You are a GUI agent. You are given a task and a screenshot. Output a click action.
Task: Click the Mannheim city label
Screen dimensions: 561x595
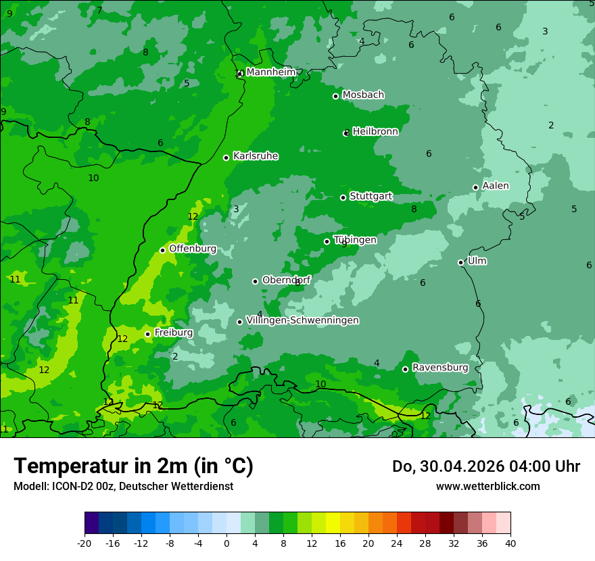(x=270, y=72)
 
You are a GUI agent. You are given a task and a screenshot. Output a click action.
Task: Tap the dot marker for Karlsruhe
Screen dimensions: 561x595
(x=226, y=157)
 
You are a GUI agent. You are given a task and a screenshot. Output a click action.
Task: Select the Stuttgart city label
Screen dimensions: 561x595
(x=371, y=196)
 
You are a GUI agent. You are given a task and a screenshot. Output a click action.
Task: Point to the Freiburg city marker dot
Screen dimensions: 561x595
(x=147, y=334)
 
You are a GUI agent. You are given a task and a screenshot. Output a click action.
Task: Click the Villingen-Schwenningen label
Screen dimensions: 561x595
(x=302, y=320)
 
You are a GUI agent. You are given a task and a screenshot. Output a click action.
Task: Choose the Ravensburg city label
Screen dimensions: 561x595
(x=439, y=368)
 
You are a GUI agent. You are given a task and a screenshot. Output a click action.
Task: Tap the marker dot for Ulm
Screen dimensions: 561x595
(x=460, y=262)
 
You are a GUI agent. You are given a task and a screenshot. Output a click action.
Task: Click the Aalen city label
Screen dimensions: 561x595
(x=495, y=186)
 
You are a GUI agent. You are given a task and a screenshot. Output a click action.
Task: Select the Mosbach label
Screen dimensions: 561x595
(x=363, y=95)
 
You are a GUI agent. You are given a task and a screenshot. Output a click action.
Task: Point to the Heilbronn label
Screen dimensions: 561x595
(x=375, y=132)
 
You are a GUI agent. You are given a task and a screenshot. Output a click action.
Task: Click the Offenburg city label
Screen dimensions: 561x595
(x=193, y=249)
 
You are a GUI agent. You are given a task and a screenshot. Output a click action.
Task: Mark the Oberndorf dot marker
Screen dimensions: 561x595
(x=255, y=281)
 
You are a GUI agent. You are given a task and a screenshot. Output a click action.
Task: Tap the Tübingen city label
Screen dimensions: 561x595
(x=355, y=240)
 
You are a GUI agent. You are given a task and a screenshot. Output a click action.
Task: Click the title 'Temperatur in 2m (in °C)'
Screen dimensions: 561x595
(x=133, y=466)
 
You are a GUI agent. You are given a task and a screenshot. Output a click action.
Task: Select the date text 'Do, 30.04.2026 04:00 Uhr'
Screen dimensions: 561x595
(x=485, y=466)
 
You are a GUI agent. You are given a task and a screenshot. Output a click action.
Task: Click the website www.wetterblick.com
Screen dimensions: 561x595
(x=487, y=486)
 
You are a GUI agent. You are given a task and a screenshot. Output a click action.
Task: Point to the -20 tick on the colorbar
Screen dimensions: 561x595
(x=85, y=543)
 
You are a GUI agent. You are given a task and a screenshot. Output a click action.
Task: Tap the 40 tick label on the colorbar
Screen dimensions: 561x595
(x=510, y=543)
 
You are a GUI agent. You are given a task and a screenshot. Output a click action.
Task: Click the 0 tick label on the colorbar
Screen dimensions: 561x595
(x=227, y=543)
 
